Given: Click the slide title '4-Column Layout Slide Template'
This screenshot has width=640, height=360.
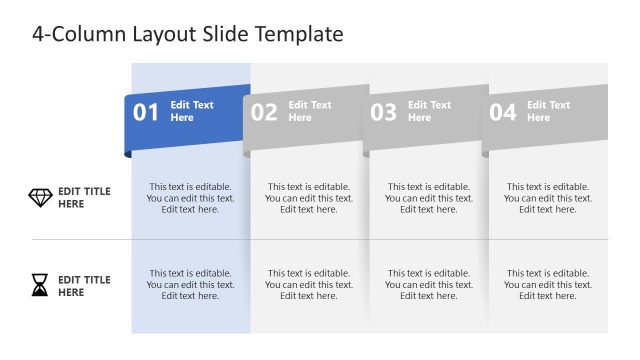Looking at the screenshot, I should (x=187, y=34).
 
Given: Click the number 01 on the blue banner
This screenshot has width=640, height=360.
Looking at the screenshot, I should (x=146, y=112).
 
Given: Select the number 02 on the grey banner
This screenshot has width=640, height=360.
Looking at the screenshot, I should (x=264, y=112).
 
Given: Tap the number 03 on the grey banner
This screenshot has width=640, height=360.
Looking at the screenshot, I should (x=384, y=112).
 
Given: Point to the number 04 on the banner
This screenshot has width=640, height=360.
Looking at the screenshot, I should (x=503, y=112).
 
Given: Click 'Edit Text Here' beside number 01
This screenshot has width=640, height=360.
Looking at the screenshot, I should (x=192, y=111).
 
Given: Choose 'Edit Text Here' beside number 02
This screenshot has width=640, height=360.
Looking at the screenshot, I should (x=310, y=111).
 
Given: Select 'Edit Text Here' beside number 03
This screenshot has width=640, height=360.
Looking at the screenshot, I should (x=429, y=111).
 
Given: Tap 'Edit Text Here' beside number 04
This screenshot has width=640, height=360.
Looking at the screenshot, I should (x=548, y=111).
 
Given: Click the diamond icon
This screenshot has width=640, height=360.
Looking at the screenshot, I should (x=40, y=198).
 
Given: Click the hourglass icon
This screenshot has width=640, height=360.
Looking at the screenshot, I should (x=39, y=287).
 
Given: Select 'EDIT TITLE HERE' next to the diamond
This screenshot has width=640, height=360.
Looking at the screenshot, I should (x=84, y=198).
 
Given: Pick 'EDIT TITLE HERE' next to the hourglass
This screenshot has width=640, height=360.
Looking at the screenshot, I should (x=84, y=286).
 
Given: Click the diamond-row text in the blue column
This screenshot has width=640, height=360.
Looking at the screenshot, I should (x=190, y=198).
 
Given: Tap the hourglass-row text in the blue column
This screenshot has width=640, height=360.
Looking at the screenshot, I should (x=190, y=284).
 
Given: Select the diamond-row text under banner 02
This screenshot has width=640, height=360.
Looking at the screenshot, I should (x=309, y=198).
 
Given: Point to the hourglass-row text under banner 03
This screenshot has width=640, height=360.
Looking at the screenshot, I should (x=428, y=284).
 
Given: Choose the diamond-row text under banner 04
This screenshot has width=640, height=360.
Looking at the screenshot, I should (x=548, y=198).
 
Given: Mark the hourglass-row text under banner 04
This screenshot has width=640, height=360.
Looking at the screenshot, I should (x=548, y=284).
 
